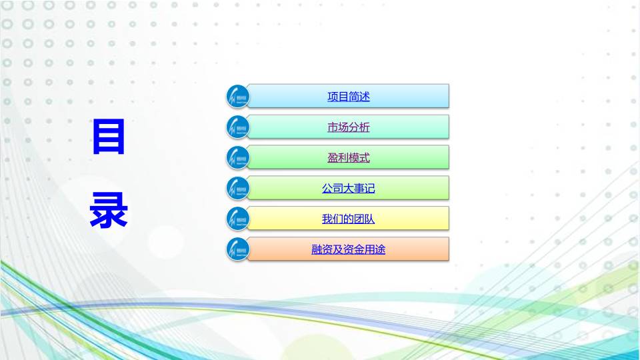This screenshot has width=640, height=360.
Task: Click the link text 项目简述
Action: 348,97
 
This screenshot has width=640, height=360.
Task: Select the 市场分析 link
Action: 348,127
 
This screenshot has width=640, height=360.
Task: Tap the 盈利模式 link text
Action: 348,158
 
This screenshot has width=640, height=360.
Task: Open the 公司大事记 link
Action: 348,189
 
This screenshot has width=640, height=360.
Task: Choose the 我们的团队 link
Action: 348,219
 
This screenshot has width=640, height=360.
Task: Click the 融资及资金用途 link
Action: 348,250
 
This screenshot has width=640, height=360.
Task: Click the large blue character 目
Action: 109,138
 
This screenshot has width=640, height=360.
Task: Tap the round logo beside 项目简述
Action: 237,97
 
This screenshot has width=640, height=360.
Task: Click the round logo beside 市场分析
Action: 237,127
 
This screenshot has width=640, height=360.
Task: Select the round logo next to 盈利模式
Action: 237,158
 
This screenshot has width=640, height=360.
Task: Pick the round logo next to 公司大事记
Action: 237,189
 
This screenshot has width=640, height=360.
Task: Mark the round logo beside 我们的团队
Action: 237,219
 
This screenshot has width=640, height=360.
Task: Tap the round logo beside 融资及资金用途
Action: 237,250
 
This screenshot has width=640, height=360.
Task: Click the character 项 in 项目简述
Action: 333,97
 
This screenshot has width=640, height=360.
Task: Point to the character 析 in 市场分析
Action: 364,127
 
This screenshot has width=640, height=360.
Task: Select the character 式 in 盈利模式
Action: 364,158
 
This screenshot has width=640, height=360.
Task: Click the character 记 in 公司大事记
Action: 369,189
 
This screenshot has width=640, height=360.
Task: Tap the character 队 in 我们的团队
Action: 369,219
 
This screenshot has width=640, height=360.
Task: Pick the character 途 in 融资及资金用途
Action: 380,250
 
